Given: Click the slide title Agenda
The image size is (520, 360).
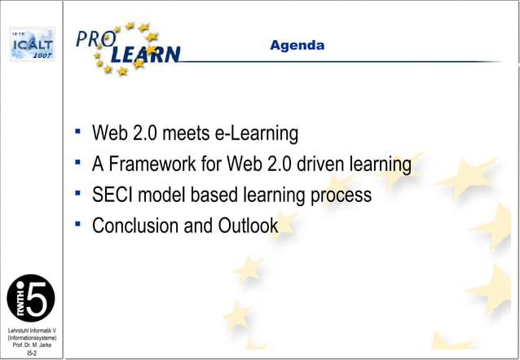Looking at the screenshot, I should pyautogui.click(x=297, y=46).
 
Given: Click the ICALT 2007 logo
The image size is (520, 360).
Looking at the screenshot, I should pyautogui.click(x=31, y=46).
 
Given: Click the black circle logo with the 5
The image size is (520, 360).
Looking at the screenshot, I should pyautogui.click(x=31, y=297).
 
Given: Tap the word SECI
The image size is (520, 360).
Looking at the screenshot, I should pyautogui.click(x=114, y=195).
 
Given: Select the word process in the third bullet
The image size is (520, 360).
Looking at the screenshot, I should pyautogui.click(x=340, y=196).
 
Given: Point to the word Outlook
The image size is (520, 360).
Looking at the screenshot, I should pyautogui.click(x=247, y=226).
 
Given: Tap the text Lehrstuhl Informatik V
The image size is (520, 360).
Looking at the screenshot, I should pyautogui.click(x=31, y=330).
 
